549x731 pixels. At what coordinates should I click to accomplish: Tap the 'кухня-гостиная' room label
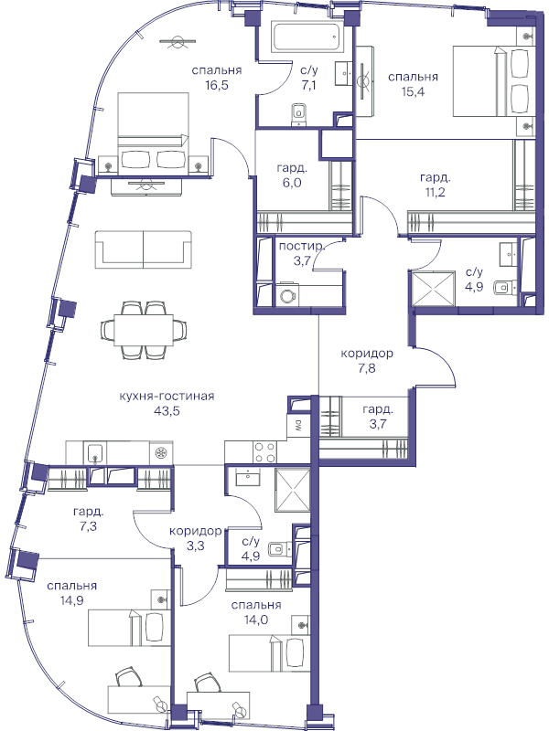167,397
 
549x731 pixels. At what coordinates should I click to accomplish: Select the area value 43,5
167,410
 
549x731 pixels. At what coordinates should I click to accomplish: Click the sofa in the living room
144,249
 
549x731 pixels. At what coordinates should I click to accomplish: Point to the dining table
144,330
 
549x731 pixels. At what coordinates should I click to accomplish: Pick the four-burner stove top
264,451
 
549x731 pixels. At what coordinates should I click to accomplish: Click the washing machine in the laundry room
285,294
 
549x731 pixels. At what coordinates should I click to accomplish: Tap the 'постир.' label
302,246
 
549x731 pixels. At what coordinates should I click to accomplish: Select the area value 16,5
217,85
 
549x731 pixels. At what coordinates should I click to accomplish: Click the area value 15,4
414,91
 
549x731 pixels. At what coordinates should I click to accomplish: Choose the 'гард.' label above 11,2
436,177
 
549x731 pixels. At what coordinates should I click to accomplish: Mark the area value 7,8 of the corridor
367,368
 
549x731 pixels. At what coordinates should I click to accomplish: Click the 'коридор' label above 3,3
195,531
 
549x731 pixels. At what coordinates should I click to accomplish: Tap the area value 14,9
72,600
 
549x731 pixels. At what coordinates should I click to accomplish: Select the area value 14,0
256,620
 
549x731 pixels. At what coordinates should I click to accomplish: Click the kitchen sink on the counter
95,453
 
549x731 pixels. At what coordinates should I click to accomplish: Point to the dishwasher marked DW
298,425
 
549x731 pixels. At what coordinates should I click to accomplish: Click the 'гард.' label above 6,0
292,168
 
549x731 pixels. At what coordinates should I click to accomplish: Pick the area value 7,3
88,526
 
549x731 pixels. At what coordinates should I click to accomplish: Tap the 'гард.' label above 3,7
378,409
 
